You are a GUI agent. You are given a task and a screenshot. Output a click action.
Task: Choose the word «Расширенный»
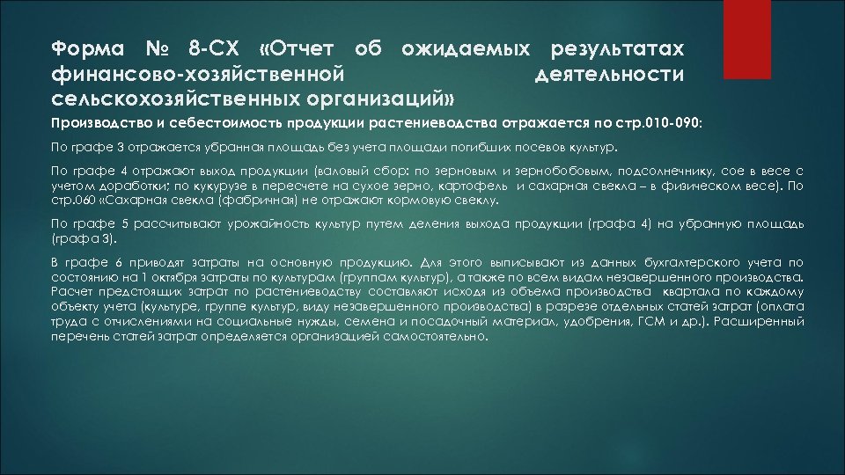(x=763, y=323)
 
